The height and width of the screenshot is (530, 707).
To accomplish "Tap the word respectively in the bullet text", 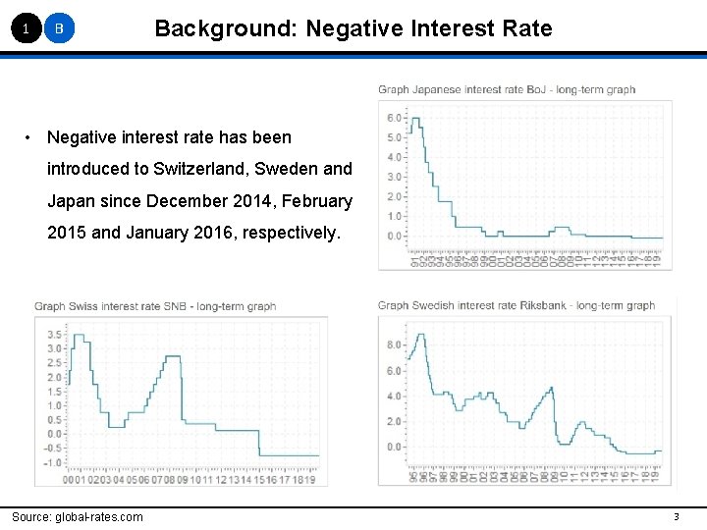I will (x=288, y=234).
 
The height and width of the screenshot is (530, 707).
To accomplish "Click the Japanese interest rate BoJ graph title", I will (x=507, y=89).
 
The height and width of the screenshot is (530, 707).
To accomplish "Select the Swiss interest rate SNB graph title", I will (x=155, y=306).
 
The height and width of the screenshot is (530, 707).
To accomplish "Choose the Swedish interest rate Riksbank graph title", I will (x=516, y=305).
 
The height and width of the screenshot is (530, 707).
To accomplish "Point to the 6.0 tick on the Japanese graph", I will (x=394, y=118).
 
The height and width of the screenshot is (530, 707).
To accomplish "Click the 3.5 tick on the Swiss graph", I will (x=54, y=335).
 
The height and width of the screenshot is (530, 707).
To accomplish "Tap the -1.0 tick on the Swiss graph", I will (x=52, y=462).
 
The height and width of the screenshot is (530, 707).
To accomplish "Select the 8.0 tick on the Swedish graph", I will (x=394, y=345).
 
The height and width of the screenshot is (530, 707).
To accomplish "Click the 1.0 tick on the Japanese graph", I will (x=394, y=216).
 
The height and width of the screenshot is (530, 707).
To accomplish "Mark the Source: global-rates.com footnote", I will (x=77, y=517).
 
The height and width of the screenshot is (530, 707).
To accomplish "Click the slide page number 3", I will (x=676, y=517).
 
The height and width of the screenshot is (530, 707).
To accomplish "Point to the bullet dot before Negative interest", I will (x=30, y=136).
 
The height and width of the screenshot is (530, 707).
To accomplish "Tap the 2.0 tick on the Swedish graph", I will (x=394, y=422).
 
